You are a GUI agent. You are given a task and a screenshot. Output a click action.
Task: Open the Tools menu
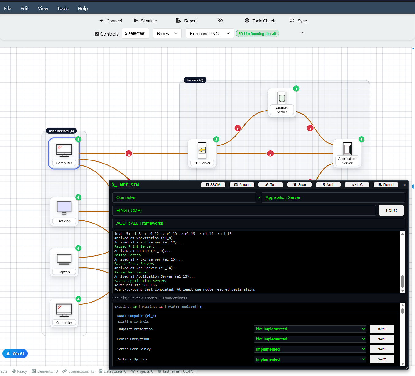(63, 9)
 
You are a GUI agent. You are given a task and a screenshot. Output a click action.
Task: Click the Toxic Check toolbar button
(260, 21)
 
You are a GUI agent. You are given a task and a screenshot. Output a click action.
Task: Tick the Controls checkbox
(97, 34)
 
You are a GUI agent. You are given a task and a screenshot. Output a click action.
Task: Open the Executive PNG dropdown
(209, 34)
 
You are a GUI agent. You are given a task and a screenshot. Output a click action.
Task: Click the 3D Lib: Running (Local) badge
(257, 34)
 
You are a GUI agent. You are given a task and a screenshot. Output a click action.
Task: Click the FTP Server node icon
(202, 150)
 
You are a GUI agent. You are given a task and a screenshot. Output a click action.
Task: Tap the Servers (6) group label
(195, 80)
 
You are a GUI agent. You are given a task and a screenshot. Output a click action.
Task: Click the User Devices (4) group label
(61, 131)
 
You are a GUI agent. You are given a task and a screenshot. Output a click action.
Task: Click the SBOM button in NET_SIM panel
(213, 185)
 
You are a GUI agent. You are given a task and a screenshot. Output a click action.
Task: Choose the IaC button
(357, 185)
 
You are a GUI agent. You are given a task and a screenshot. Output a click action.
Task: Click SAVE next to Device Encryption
(382, 339)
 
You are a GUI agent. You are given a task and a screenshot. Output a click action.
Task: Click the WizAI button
(15, 353)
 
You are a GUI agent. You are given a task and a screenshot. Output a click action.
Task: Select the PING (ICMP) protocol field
(244, 210)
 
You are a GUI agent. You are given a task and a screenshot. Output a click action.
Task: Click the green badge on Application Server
(361, 140)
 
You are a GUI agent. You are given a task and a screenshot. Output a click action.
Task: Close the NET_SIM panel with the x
(405, 185)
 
